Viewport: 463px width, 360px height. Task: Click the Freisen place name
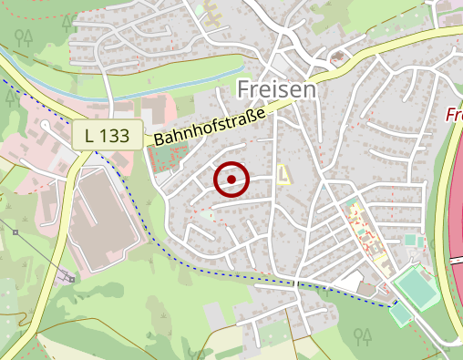276,89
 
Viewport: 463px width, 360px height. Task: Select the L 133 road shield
108,135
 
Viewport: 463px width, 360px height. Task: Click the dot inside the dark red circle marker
231,180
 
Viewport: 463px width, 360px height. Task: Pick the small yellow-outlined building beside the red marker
283,173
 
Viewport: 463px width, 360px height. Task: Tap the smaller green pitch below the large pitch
401,314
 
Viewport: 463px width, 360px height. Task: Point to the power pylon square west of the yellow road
15,232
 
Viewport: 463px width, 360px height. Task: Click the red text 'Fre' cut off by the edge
454,115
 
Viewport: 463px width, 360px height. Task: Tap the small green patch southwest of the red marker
211,215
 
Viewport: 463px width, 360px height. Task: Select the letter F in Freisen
243,89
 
